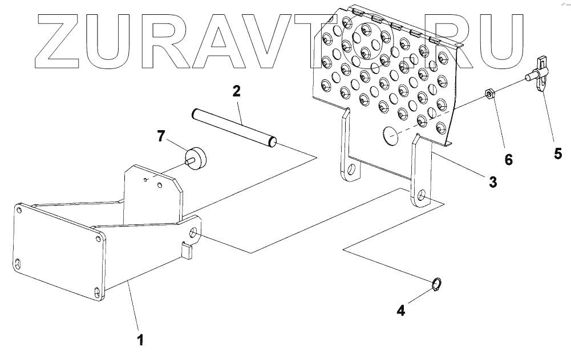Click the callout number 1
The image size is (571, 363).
pos(140,341)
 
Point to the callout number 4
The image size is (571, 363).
pos(401,310)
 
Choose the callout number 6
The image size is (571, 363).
pos(508,159)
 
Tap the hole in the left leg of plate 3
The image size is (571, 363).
pos(350,170)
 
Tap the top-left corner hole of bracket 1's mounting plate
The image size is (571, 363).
pos(21,211)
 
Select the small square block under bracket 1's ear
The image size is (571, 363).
pos(187,249)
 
